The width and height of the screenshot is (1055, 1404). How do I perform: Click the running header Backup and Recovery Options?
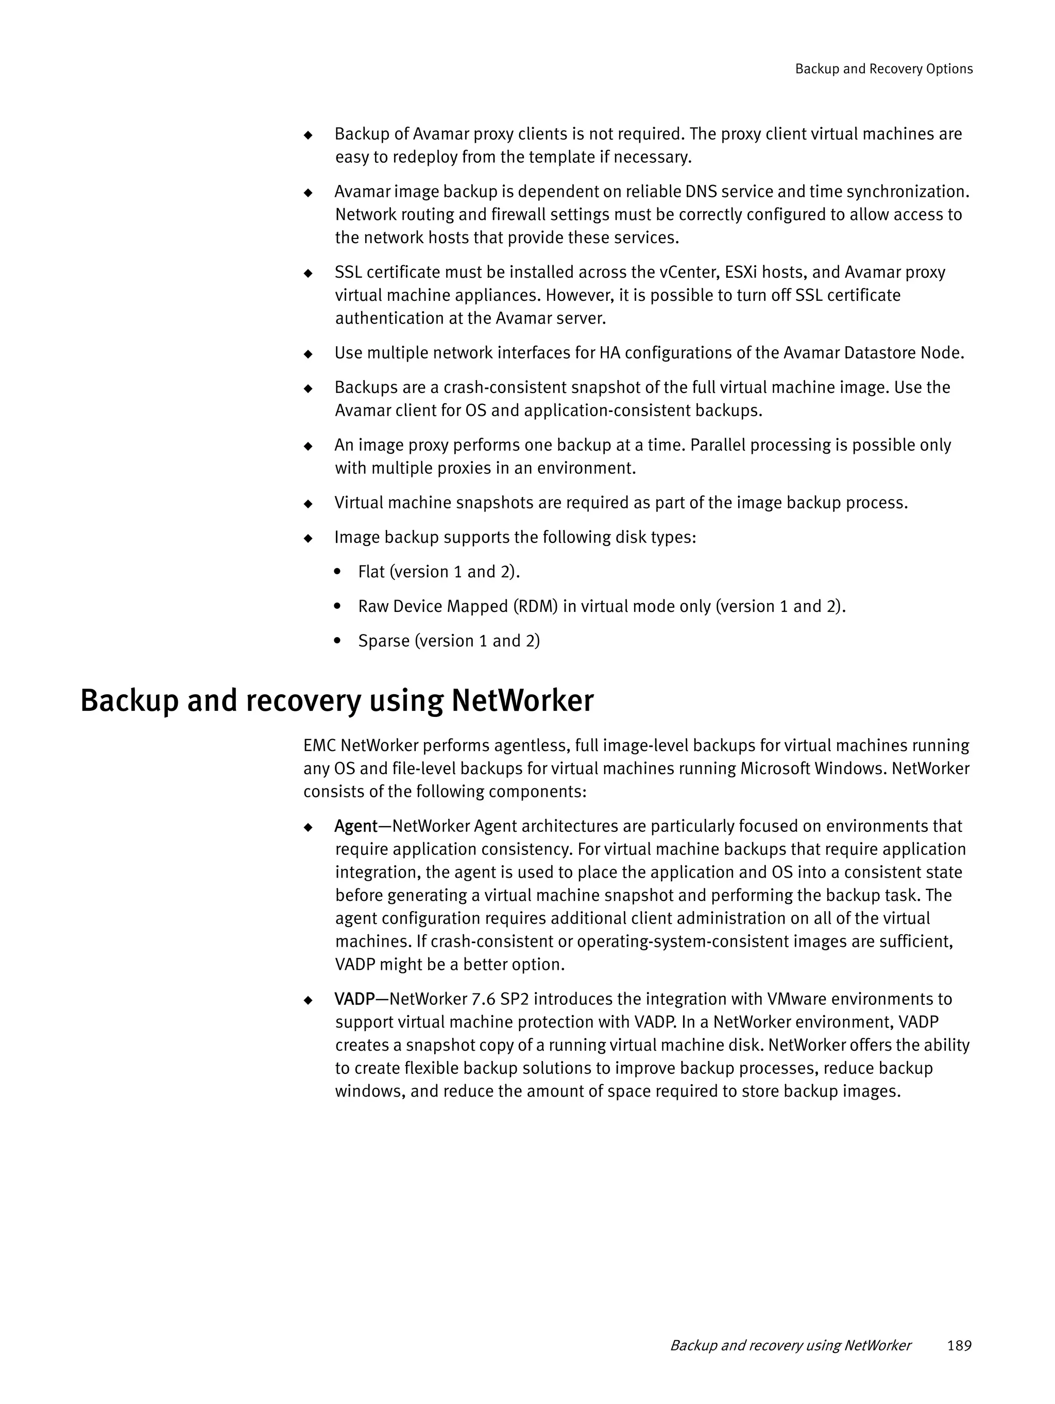(883, 69)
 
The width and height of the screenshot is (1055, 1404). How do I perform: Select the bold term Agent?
(355, 827)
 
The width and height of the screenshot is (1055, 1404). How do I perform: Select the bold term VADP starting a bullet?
(354, 999)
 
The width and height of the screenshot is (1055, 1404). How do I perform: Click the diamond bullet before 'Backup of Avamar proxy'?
(309, 135)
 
